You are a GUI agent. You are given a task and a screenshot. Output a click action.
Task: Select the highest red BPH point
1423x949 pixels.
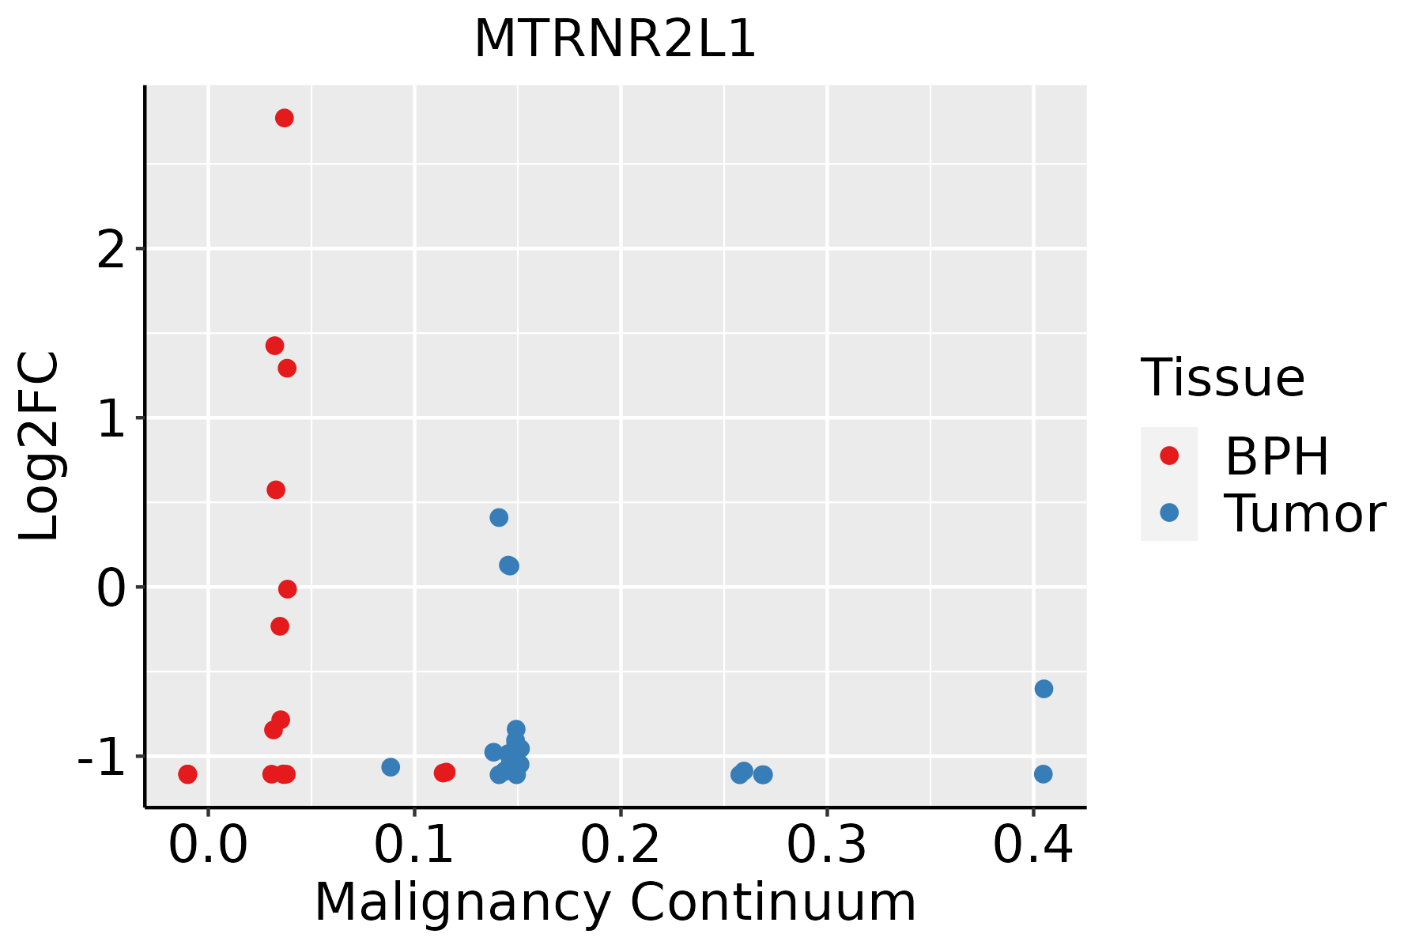point(285,118)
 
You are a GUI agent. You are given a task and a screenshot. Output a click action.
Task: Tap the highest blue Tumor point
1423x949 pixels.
point(499,517)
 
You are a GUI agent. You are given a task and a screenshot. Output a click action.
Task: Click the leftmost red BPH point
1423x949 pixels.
point(187,773)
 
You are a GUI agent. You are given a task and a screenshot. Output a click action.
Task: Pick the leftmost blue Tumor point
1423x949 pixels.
point(391,767)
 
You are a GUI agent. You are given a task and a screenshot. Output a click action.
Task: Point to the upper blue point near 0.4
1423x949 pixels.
point(1044,689)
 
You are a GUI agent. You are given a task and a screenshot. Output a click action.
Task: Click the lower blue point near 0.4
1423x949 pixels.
point(1044,773)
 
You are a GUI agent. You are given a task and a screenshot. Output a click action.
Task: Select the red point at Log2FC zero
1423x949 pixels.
point(288,589)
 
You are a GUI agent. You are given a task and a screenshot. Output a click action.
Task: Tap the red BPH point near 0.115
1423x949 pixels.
point(445,773)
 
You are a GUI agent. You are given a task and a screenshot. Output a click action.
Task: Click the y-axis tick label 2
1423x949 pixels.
point(111,250)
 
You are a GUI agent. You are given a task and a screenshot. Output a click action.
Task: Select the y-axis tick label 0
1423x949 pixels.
point(111,588)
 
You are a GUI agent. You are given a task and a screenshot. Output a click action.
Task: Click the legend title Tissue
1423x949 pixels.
point(1222,378)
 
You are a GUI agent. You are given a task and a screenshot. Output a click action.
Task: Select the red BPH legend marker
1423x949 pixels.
point(1169,456)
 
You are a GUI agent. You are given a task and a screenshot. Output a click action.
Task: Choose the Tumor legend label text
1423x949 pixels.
point(1305,514)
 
